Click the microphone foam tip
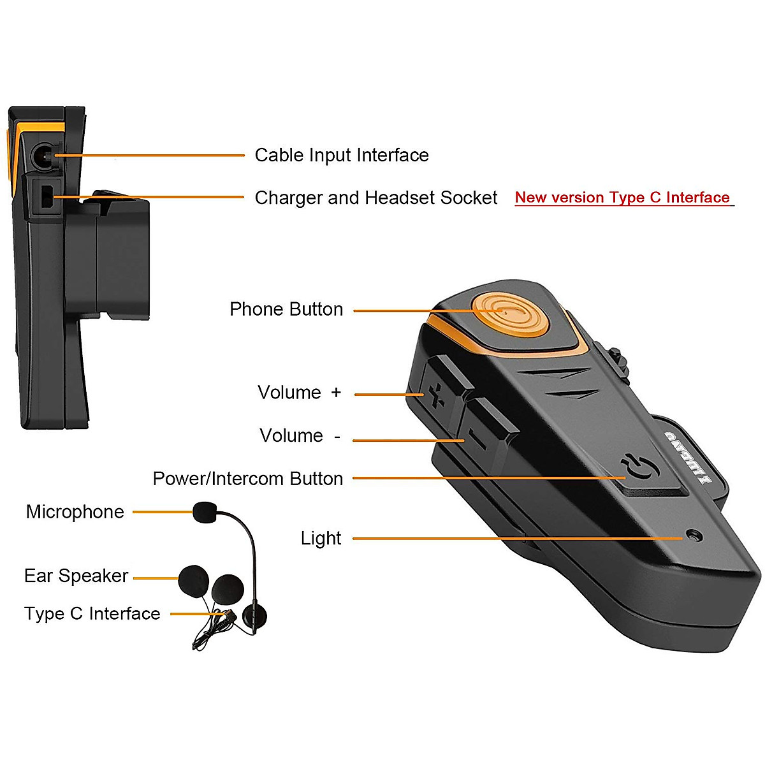205,512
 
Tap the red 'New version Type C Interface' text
622,198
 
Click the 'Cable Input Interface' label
342,155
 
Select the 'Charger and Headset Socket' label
376,198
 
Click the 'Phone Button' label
286,309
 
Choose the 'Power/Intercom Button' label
248,479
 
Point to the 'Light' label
321,539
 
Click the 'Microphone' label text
75,512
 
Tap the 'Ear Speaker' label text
76,576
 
